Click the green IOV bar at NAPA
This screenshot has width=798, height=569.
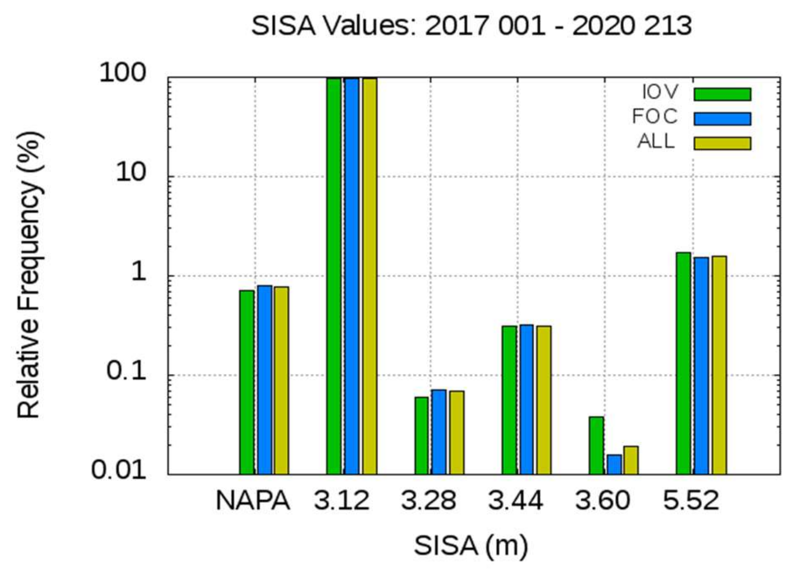[247, 382]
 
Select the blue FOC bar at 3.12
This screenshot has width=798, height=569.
[352, 276]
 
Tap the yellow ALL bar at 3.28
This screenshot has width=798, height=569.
[457, 432]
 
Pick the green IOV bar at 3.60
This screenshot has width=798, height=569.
[596, 445]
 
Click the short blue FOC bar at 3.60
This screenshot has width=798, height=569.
[614, 464]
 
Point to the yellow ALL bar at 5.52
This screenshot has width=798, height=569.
[719, 365]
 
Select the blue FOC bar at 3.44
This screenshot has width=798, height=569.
[527, 399]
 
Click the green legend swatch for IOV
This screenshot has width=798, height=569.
[722, 94]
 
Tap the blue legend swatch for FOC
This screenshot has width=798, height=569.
[722, 119]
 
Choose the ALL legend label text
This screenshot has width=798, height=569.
[656, 141]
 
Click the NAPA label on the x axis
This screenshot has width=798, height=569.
[253, 501]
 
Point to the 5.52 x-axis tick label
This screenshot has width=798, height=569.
[691, 501]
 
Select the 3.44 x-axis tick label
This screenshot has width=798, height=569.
[516, 501]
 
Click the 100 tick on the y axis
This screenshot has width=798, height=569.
[122, 73]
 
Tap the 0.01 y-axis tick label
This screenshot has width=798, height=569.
[119, 470]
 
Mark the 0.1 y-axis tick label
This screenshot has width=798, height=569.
[126, 371]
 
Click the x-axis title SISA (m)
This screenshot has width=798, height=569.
[471, 545]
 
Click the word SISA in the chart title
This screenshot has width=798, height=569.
[284, 25]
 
